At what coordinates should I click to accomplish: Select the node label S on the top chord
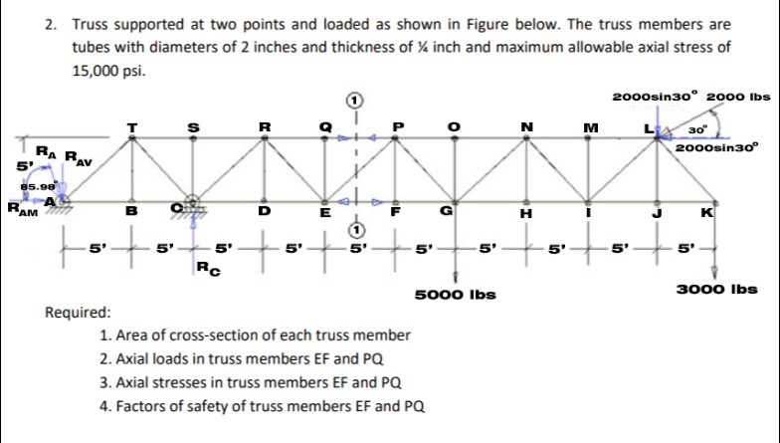pos(196,125)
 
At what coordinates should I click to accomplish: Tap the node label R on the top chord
pos(264,125)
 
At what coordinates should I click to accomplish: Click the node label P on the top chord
pos(397,126)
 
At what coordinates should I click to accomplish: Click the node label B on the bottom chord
pos(129,210)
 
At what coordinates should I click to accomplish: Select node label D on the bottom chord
pos(264,211)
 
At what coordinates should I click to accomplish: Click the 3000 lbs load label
pos(717,290)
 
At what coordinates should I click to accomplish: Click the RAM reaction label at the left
pos(19,209)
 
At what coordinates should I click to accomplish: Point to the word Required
pos(79,312)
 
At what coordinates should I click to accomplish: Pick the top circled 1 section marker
pos(353,100)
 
